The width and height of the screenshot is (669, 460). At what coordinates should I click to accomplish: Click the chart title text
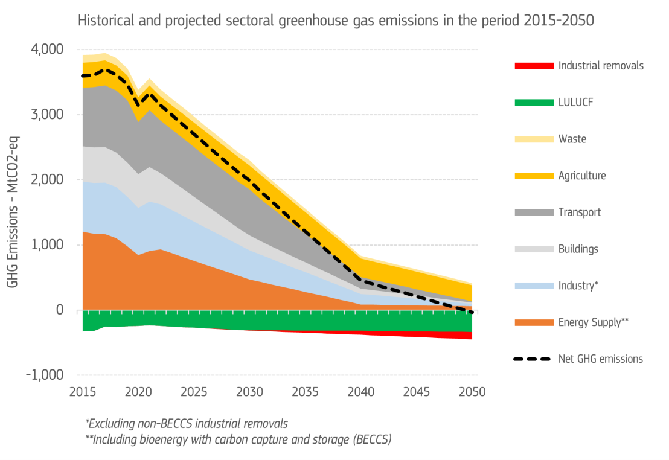(x=336, y=20)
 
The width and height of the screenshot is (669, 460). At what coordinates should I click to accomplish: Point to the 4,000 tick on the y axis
(x=46, y=50)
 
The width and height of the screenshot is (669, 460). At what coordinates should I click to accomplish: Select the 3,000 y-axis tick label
(x=46, y=115)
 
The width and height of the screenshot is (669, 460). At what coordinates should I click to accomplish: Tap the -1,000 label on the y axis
(x=45, y=375)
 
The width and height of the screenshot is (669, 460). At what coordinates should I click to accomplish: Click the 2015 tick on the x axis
(x=83, y=391)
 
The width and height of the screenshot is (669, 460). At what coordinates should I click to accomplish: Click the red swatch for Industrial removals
(x=534, y=66)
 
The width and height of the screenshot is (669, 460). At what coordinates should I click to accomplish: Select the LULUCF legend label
(x=575, y=102)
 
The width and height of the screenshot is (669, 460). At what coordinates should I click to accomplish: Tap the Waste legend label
(x=572, y=139)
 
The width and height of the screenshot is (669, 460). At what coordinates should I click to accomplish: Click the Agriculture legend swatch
(x=534, y=176)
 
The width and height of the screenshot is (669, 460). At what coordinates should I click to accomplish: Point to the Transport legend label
(x=580, y=212)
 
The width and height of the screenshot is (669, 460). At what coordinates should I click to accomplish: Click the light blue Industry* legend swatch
(x=534, y=286)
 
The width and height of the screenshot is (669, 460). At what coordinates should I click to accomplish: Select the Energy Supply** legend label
(x=594, y=322)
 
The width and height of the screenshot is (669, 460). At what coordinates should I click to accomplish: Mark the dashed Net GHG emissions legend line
(x=534, y=359)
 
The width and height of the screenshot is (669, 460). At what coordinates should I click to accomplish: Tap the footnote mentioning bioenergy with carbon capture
(x=238, y=439)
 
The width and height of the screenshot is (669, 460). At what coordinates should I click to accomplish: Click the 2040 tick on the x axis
(x=361, y=391)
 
